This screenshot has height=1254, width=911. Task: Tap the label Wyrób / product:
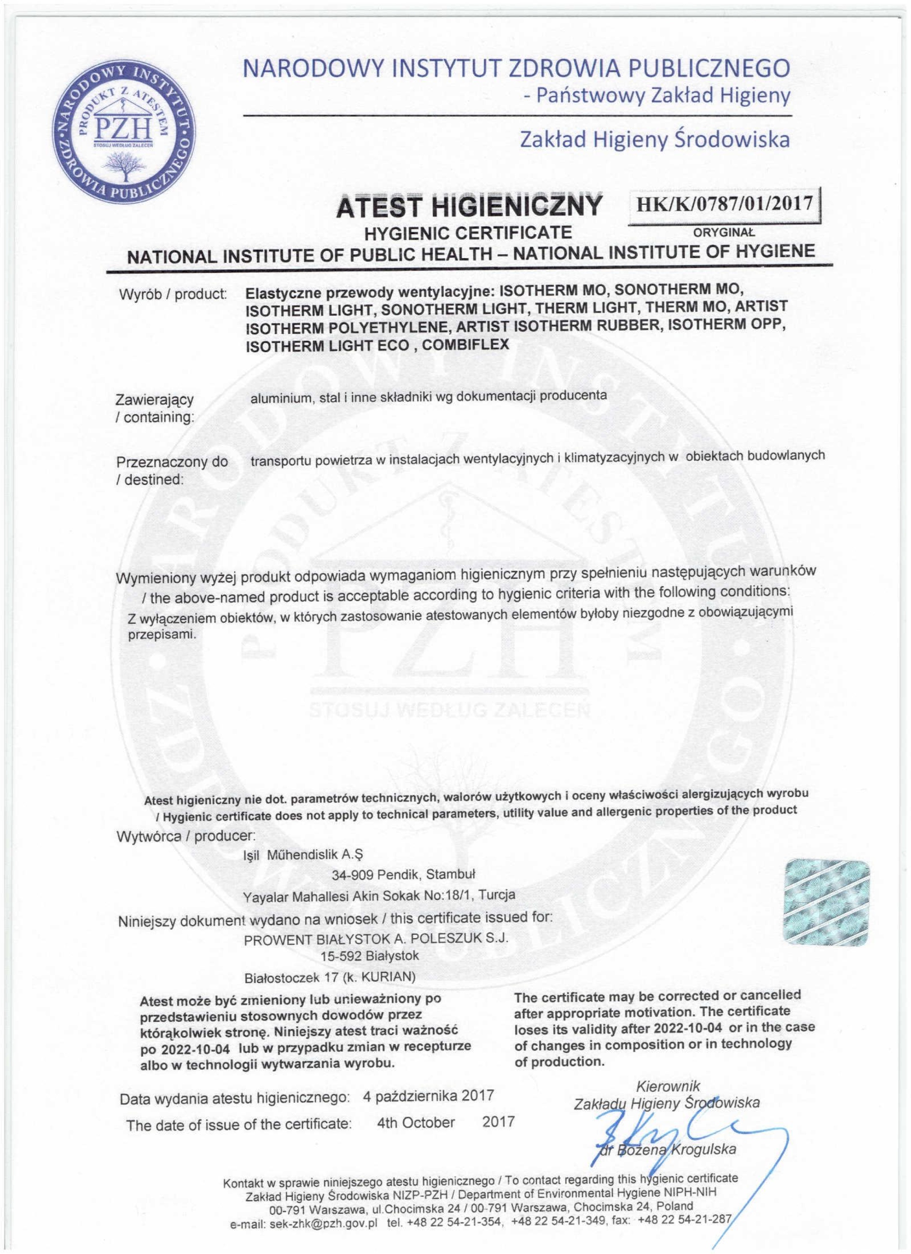click(173, 293)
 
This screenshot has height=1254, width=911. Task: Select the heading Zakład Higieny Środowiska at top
click(654, 141)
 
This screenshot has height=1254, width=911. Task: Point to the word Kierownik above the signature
click(669, 1070)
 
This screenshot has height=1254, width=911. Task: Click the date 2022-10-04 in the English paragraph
click(686, 1027)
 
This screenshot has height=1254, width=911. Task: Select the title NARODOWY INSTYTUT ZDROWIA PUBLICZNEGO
click(516, 69)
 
